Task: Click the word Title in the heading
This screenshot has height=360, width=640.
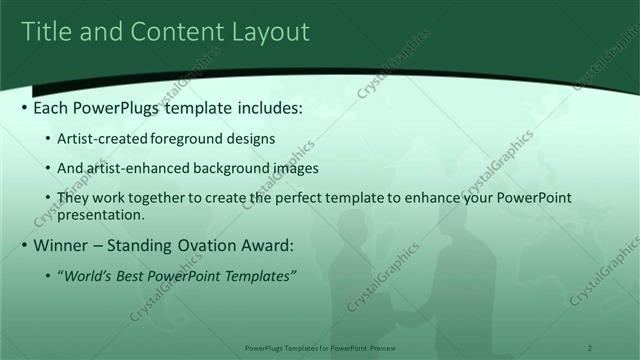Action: coord(47,32)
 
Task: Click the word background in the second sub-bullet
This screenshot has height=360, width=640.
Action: coord(229,169)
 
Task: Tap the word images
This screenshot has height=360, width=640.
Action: coord(292,169)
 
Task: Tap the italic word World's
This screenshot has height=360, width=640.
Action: coord(93,276)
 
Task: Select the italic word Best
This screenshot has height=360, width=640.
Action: coord(137,276)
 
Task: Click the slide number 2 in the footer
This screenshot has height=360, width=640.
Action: coord(591,348)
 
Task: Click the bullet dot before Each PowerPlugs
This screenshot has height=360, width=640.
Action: coord(24,107)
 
